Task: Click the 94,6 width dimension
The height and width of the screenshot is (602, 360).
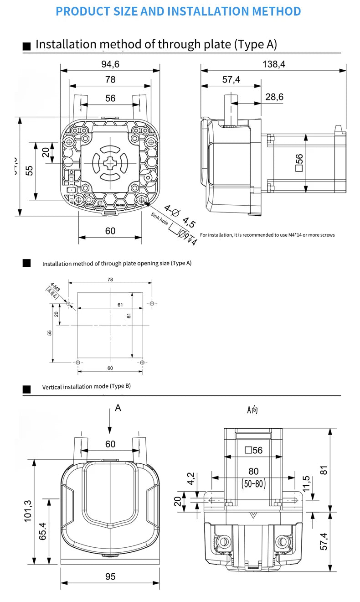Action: (110, 64)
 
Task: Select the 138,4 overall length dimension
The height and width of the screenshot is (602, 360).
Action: (274, 64)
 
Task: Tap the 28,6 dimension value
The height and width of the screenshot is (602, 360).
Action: (274, 97)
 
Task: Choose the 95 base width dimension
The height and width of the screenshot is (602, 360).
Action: (110, 576)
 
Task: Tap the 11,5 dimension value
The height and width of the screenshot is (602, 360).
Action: (306, 485)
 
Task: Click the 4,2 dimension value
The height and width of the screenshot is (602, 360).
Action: (191, 478)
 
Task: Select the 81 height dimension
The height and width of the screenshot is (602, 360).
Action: (324, 469)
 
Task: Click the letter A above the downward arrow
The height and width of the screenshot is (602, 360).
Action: (118, 408)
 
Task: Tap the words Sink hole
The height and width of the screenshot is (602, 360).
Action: (160, 220)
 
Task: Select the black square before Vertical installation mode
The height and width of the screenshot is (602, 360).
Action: (27, 389)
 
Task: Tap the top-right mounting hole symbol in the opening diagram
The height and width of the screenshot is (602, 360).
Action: (152, 303)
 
